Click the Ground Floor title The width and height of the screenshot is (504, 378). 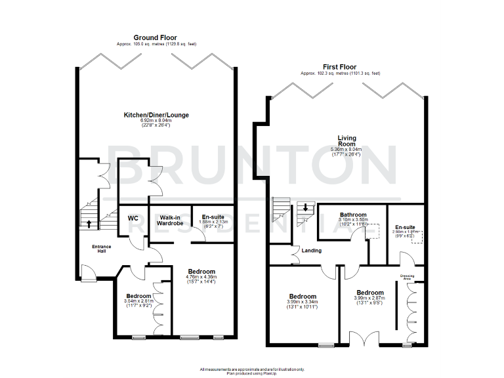click(x=156, y=37)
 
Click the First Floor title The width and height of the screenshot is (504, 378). click(x=340, y=66)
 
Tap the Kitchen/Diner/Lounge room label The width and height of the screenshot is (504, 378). click(x=156, y=115)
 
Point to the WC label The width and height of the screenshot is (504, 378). click(x=133, y=218)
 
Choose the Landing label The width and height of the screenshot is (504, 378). click(x=311, y=250)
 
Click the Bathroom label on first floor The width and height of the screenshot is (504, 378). click(x=352, y=215)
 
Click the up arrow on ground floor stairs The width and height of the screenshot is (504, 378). click(x=89, y=224)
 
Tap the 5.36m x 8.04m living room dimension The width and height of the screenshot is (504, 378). click(x=347, y=150)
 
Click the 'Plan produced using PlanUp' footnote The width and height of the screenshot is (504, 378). click(x=252, y=372)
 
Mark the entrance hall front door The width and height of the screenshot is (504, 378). click(x=85, y=271)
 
